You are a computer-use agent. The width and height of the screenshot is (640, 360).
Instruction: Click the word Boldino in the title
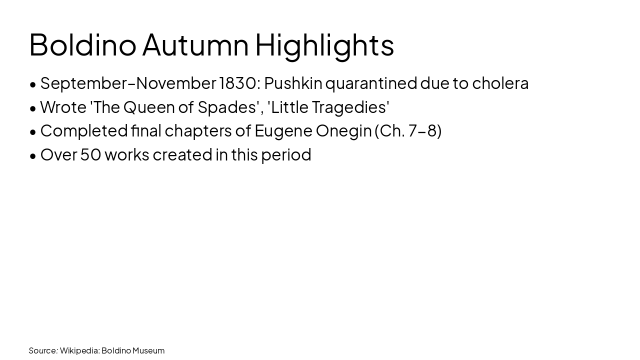pos(82,44)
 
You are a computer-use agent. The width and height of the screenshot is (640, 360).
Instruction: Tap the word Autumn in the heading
pos(195,44)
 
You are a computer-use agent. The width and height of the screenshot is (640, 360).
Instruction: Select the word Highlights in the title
pos(324,44)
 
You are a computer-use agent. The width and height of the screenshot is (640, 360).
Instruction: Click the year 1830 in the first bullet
pos(237,83)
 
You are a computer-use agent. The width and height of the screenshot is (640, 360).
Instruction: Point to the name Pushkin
pos(293,83)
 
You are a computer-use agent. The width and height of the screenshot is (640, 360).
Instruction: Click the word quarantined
pos(371,83)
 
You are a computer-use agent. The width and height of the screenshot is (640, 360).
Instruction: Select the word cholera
pos(500,83)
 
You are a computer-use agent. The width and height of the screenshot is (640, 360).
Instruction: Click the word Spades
pos(227,107)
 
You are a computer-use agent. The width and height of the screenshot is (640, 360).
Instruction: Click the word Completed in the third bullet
pos(84,130)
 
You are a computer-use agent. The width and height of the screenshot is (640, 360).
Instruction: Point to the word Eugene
pos(283,130)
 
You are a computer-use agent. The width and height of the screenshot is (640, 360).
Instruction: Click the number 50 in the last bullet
pos(90,154)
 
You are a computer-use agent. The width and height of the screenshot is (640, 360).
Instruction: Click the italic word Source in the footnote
pos(43,350)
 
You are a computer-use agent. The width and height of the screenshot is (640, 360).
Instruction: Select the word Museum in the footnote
pos(148,350)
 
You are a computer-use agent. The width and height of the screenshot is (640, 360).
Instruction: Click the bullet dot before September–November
pos(33,84)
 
